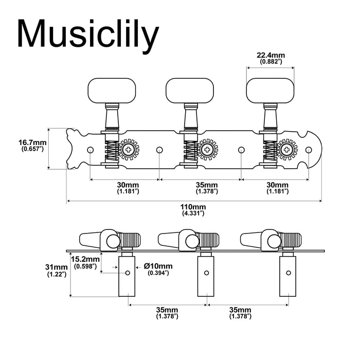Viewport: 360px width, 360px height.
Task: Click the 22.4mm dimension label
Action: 271,55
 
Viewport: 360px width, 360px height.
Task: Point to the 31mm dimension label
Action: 56,267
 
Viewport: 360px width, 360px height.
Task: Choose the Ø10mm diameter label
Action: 159,265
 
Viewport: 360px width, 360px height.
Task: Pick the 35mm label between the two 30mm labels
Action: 207,185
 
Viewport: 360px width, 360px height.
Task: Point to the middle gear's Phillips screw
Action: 208,150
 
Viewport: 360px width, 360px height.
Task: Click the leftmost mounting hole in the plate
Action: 90,150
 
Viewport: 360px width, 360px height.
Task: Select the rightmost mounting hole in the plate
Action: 310,150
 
